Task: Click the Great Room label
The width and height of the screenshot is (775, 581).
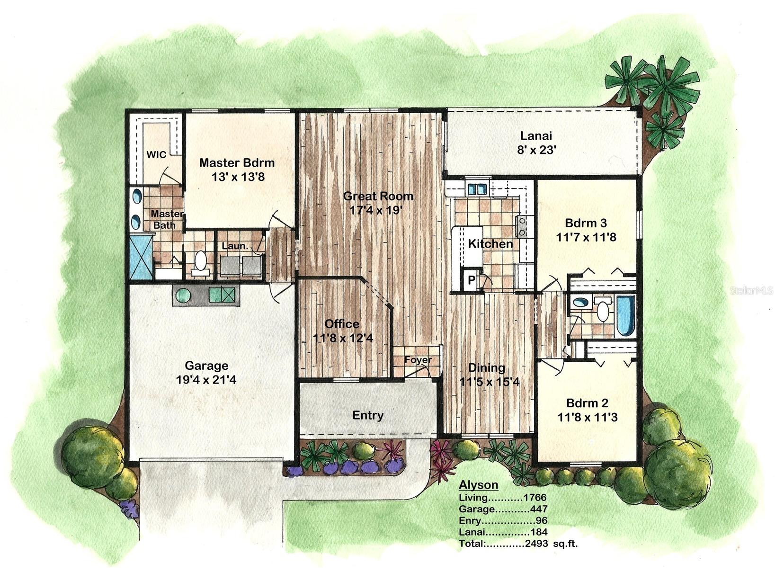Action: [378, 196]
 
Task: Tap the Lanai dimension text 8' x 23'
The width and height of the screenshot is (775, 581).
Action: [536, 150]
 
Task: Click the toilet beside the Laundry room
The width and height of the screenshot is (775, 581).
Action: [201, 262]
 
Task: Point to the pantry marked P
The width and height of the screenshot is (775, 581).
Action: [472, 280]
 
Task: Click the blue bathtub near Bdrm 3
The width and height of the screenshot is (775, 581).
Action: [625, 315]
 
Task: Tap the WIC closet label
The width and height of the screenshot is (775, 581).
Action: [156, 155]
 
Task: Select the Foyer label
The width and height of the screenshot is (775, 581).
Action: [418, 360]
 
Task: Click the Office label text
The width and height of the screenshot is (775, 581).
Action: [342, 324]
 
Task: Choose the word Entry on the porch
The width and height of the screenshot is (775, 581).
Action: [368, 415]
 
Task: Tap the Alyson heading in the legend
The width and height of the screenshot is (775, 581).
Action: [478, 485]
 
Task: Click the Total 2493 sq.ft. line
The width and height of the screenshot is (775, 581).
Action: [518, 544]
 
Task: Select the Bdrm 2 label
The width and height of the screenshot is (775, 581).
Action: [587, 403]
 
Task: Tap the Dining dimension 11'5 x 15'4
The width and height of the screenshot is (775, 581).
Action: [489, 381]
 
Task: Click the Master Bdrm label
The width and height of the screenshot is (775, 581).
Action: [237, 163]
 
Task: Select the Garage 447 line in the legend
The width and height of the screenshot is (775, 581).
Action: [503, 509]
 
